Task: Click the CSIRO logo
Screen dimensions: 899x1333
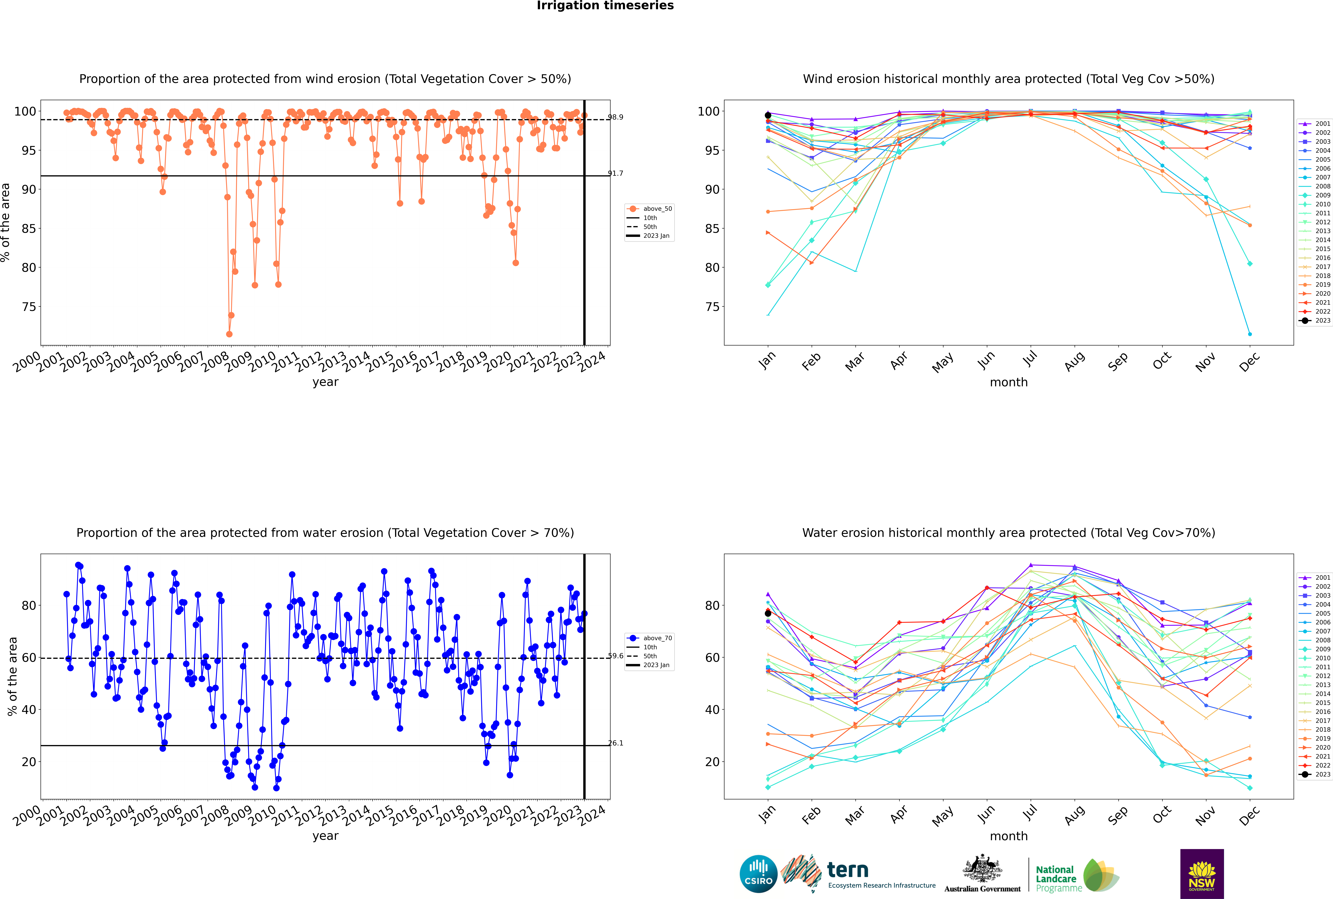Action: click(758, 874)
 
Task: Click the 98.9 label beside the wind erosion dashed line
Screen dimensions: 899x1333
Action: click(616, 117)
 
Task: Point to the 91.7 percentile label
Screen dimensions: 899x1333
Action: click(616, 173)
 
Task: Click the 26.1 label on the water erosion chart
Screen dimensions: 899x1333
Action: click(616, 743)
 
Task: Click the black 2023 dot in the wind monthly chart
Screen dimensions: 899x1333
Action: click(768, 115)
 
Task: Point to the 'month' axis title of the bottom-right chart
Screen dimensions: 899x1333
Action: click(1009, 836)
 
